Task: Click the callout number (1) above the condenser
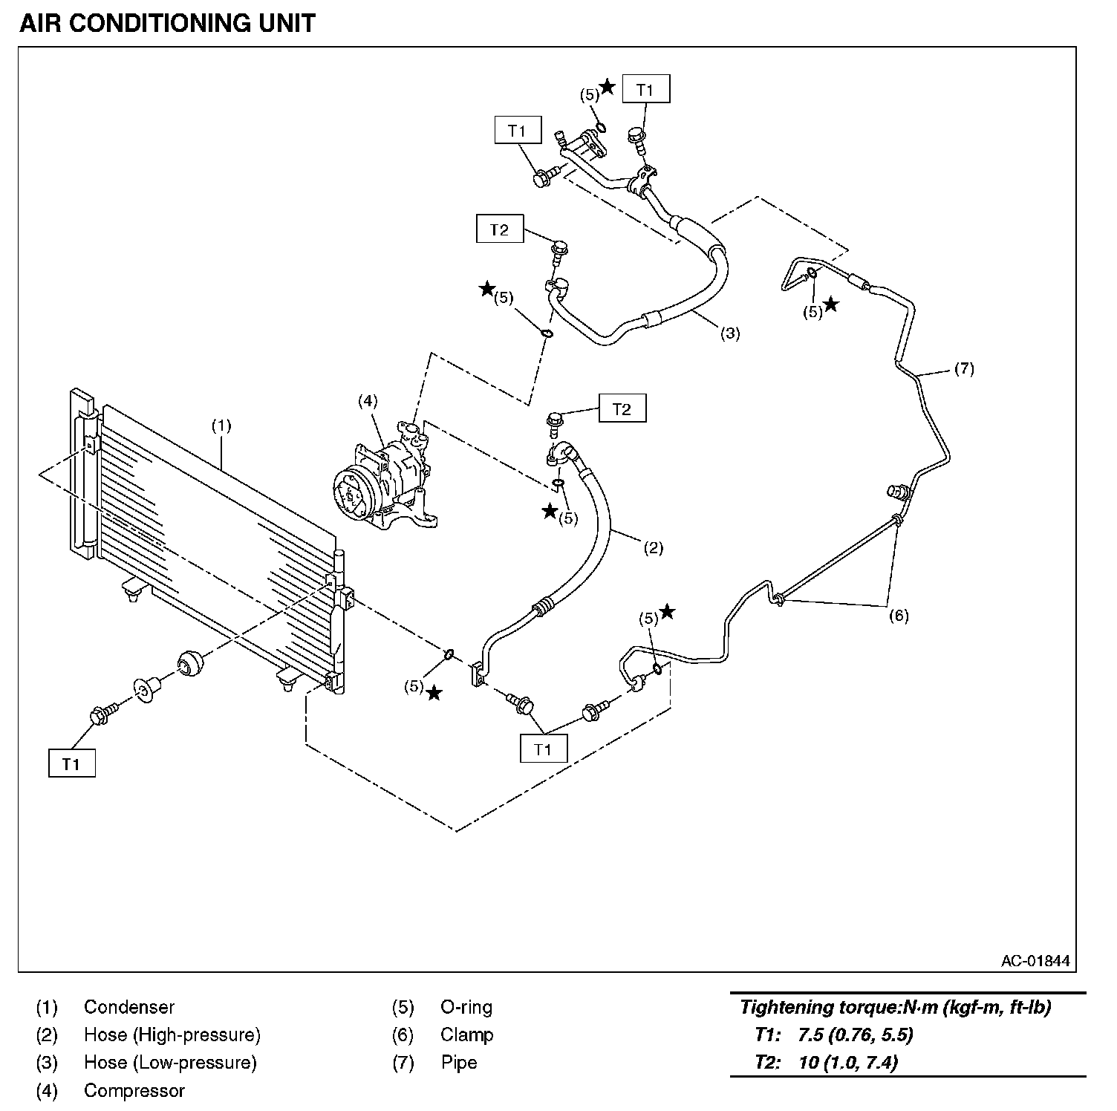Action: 221,426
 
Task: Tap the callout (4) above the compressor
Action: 368,401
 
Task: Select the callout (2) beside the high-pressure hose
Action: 652,548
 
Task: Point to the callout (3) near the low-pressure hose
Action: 730,333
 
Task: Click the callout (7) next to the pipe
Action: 963,368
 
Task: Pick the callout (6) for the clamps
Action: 899,616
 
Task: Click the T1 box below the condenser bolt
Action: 71,763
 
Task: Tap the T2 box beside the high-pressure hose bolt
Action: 622,408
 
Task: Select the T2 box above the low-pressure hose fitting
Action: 499,229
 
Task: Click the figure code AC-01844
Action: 1035,961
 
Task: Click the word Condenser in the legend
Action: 129,1007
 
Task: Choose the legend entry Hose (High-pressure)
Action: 172,1035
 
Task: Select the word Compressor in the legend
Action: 134,1090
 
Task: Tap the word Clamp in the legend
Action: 466,1035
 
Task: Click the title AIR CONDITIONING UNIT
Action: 167,23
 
